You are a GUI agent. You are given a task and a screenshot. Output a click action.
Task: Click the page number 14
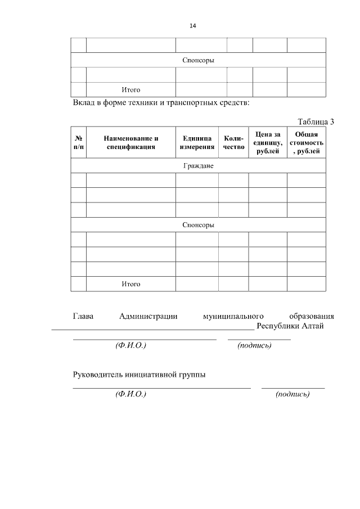click(x=193, y=26)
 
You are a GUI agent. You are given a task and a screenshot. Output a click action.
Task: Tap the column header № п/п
click(x=79, y=143)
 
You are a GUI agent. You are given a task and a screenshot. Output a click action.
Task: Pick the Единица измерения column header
click(x=197, y=143)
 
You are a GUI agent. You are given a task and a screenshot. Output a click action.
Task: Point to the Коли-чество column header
click(x=233, y=143)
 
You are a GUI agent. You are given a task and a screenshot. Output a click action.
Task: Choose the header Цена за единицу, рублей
click(x=268, y=143)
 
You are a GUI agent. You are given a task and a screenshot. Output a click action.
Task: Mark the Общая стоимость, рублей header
click(x=307, y=143)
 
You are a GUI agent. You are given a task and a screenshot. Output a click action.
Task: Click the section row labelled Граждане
click(x=198, y=166)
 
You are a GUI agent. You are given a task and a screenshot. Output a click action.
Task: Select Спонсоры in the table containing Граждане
click(x=198, y=225)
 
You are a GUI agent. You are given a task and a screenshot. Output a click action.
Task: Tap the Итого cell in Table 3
click(x=131, y=284)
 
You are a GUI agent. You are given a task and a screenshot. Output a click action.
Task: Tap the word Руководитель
click(x=99, y=375)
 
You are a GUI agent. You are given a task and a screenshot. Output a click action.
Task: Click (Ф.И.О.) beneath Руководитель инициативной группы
click(x=130, y=395)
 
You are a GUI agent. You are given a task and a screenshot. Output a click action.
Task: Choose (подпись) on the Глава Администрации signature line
click(x=254, y=345)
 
